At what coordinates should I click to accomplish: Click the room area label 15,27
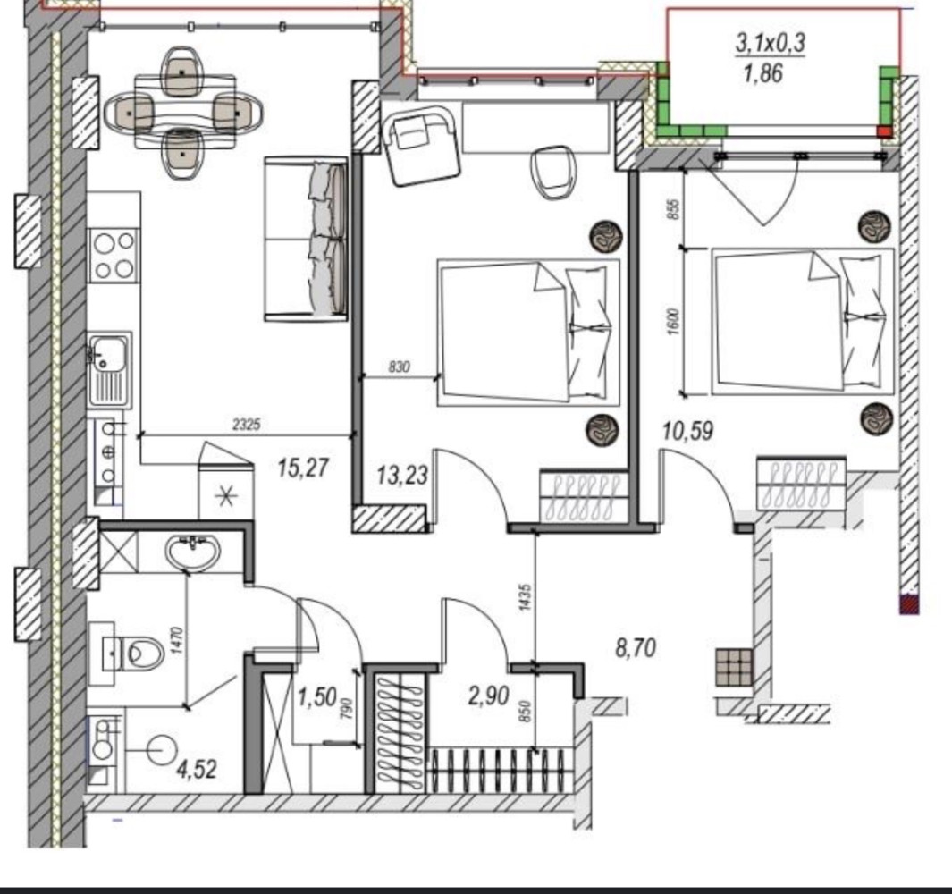[x=303, y=468]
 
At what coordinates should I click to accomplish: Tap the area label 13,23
[x=402, y=475]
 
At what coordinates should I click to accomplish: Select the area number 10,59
[x=687, y=431]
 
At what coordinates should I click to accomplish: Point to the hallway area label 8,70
[x=636, y=649]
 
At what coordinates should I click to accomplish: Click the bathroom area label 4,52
[x=196, y=770]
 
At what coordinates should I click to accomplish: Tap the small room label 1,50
[x=317, y=697]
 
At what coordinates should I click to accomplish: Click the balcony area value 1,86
[x=763, y=73]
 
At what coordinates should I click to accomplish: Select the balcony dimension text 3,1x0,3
[x=771, y=43]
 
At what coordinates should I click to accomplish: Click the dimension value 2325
[x=247, y=425]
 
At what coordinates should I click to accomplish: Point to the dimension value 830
[x=399, y=367]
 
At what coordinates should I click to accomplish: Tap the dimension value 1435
[x=526, y=597]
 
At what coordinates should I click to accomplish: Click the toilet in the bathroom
[x=133, y=654]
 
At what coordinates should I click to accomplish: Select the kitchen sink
[x=109, y=370]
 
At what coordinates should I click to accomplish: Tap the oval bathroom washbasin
[x=192, y=552]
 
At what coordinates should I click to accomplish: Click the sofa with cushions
[x=306, y=239]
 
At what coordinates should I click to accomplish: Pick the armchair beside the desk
[x=421, y=146]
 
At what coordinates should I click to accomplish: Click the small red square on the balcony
[x=885, y=132]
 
